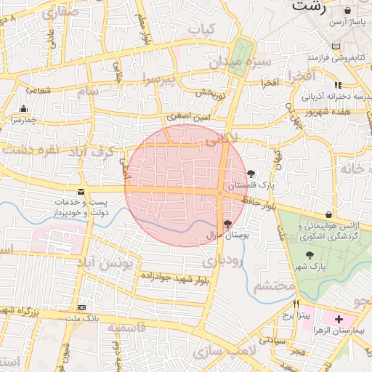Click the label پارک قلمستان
point(251,186)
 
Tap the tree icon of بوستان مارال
point(228,224)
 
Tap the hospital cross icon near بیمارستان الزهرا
point(339,319)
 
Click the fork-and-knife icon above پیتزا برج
point(296,305)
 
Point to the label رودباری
point(217,260)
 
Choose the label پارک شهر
point(313,267)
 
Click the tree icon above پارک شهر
point(310,255)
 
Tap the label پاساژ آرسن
point(346,23)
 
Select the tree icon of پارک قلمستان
point(251,174)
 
